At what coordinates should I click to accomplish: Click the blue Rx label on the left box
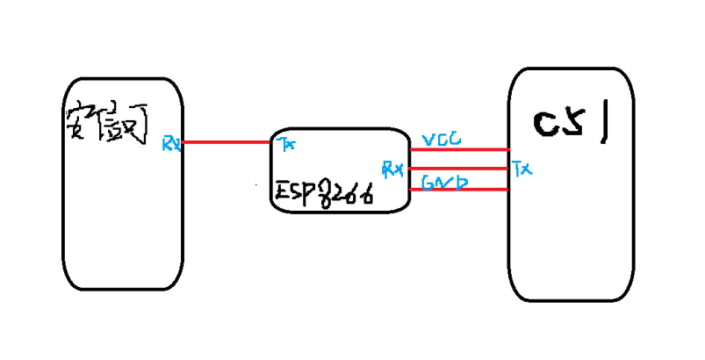[171, 142]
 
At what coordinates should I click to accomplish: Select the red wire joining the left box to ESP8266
[227, 141]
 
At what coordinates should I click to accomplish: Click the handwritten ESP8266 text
[323, 192]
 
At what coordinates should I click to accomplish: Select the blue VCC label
[442, 140]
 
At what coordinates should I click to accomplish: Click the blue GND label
[444, 183]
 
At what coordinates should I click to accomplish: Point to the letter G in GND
[428, 183]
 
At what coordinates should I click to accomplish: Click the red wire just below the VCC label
[459, 149]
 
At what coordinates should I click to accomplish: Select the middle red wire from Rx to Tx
[459, 168]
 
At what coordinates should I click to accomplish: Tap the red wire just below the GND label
[459, 189]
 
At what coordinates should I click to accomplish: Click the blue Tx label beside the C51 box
[522, 167]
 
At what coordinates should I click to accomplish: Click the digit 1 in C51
[605, 124]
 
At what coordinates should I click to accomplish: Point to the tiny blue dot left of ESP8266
[255, 184]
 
